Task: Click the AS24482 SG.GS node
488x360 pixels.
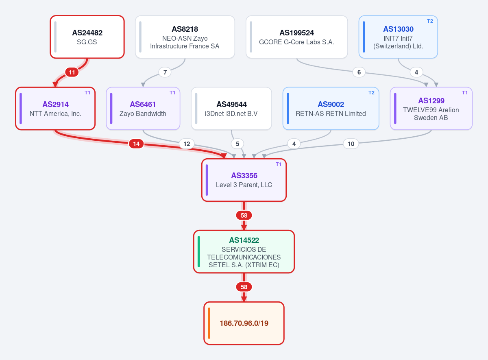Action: click(x=87, y=37)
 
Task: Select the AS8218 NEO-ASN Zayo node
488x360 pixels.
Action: click(x=185, y=37)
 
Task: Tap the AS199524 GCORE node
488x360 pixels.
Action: click(x=297, y=37)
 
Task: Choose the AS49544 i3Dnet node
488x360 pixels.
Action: click(x=231, y=109)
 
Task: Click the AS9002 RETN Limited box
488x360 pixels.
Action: click(x=331, y=109)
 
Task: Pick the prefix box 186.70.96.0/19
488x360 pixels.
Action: click(x=244, y=323)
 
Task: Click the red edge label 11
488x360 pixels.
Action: click(x=72, y=72)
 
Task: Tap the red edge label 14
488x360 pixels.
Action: click(x=136, y=144)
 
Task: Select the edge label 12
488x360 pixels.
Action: click(x=187, y=144)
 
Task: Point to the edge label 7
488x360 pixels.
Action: click(x=165, y=72)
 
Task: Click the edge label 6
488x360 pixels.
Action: click(x=359, y=72)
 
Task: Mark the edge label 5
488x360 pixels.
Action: click(x=237, y=144)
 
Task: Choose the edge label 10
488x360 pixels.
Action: click(x=351, y=144)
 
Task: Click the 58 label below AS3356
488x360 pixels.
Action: click(x=244, y=215)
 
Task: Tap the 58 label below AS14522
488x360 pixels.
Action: click(x=244, y=287)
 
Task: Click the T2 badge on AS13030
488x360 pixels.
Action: click(x=430, y=21)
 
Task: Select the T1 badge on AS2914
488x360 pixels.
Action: click(x=87, y=93)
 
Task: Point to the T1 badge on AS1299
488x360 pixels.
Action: click(x=465, y=93)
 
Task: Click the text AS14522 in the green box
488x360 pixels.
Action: click(x=244, y=240)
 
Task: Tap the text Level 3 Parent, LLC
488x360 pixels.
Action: click(x=244, y=185)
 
